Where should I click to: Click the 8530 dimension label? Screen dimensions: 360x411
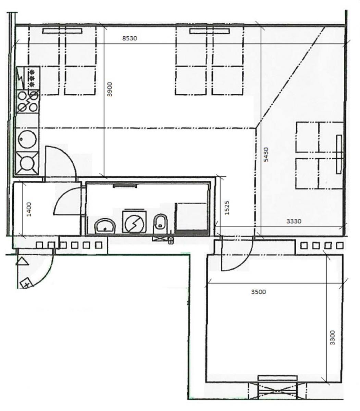pyautogui.click(x=129, y=38)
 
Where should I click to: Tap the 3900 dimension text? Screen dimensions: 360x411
pyautogui.click(x=110, y=89)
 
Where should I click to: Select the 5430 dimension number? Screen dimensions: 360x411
pyautogui.click(x=266, y=154)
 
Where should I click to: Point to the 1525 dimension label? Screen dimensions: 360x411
pyautogui.click(x=227, y=208)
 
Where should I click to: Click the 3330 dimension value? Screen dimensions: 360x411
pyautogui.click(x=294, y=221)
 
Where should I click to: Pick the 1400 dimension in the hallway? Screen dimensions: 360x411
pyautogui.click(x=29, y=209)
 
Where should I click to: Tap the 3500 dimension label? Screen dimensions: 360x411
pyautogui.click(x=259, y=292)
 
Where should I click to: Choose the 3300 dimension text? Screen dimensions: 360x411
pyautogui.click(x=333, y=337)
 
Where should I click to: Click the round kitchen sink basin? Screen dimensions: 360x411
pyautogui.click(x=27, y=139)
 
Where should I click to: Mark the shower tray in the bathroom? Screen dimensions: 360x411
pyautogui.click(x=191, y=219)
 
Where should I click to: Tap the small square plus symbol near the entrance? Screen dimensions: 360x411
pyautogui.click(x=26, y=284)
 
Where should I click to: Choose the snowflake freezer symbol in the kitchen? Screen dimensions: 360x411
pyautogui.click(x=32, y=78)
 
